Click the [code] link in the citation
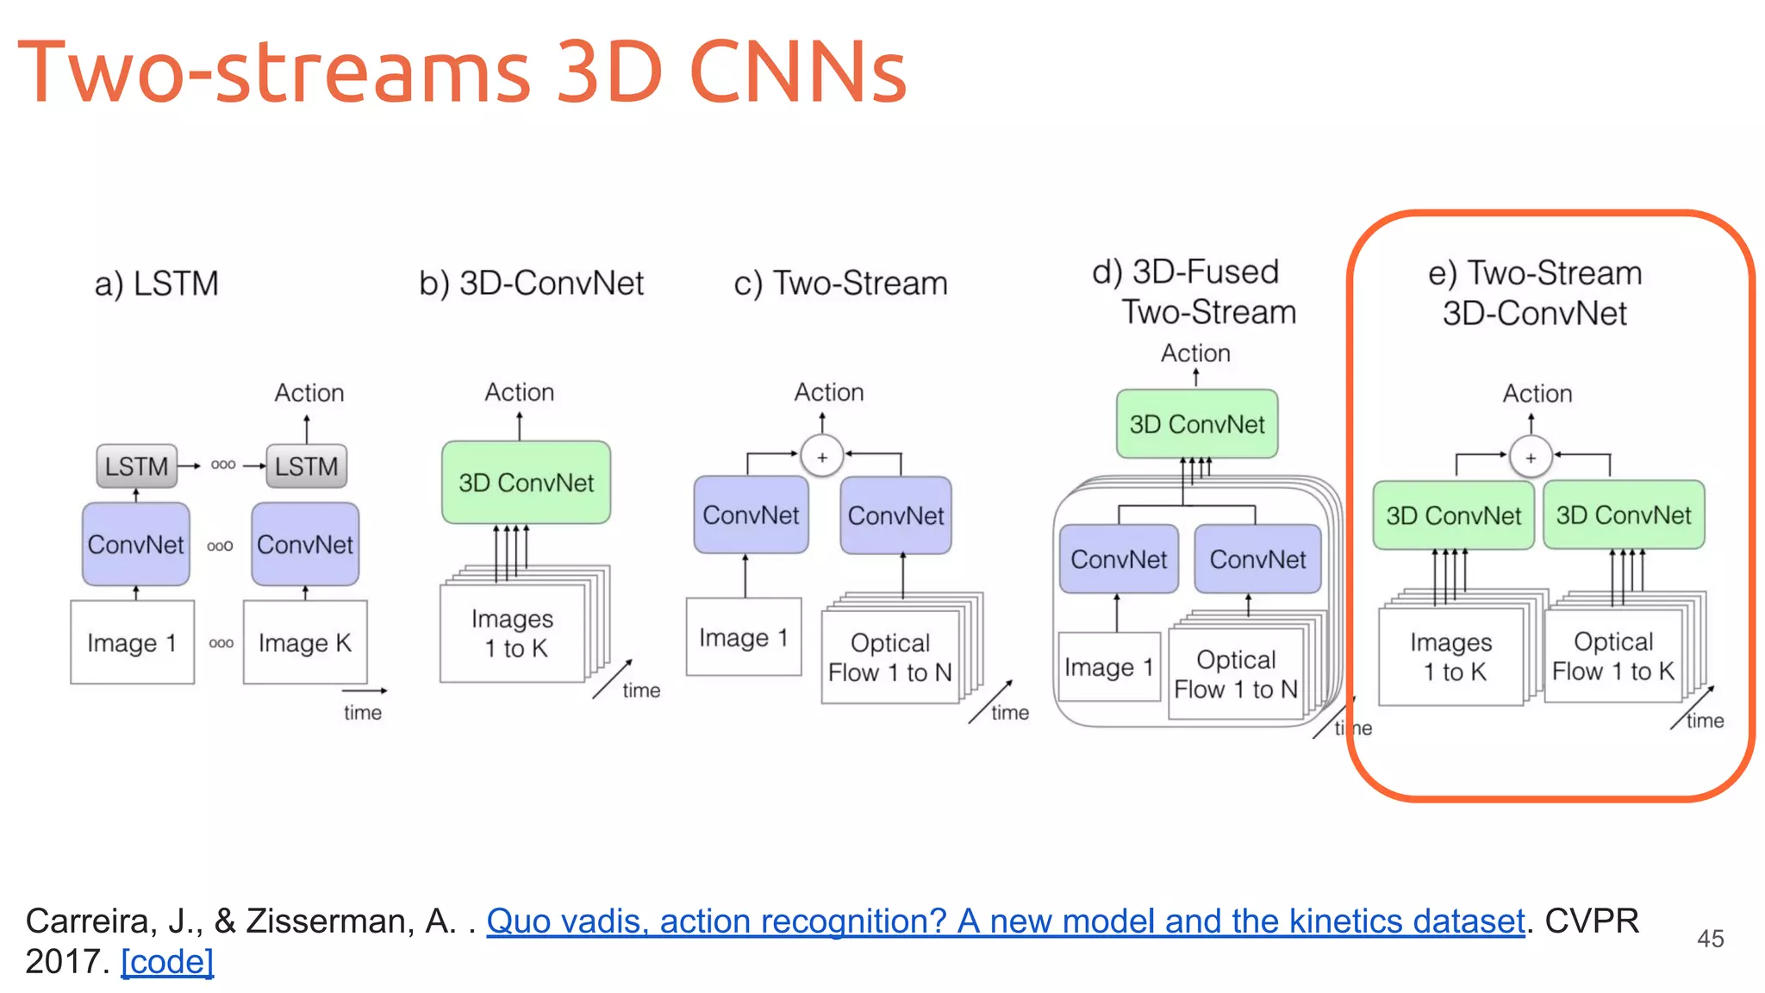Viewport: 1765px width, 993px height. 167,962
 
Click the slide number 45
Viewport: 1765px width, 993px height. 1710,939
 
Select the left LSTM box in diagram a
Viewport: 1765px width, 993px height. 136,466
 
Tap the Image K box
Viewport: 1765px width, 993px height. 305,643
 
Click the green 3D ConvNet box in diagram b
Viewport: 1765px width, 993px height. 526,483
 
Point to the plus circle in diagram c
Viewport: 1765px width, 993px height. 822,457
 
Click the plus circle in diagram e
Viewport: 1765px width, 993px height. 1531,458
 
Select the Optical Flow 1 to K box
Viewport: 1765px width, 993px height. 1612,657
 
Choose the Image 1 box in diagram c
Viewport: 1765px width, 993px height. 744,638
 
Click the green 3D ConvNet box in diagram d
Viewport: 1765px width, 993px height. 1197,424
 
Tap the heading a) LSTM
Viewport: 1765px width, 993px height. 157,284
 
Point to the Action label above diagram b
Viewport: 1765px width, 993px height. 519,392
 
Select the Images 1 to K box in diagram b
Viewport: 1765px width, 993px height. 513,634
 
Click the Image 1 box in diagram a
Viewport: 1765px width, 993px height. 132,643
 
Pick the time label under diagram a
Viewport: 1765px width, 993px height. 362,713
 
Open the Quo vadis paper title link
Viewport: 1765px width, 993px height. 1005,921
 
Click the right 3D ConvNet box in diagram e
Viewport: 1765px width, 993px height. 1624,515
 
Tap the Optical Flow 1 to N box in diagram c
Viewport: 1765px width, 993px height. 889,658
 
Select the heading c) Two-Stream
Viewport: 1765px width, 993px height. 840,284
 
